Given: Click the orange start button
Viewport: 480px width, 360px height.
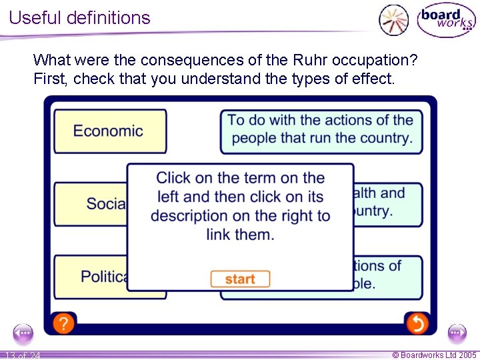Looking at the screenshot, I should click(x=240, y=279).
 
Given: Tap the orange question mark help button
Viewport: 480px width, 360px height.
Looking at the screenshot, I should click(x=63, y=324).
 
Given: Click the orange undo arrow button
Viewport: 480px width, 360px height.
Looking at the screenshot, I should click(x=417, y=324).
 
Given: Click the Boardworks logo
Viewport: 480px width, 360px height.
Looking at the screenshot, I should click(x=446, y=20).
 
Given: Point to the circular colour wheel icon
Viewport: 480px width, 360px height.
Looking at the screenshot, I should click(x=393, y=19).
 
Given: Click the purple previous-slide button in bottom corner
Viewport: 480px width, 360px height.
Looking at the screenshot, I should click(x=23, y=333).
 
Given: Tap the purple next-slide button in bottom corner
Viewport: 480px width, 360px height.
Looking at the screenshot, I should click(x=457, y=333).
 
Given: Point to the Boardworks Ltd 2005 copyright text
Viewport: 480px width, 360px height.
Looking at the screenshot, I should click(x=434, y=355).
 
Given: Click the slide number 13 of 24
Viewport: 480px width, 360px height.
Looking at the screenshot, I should click(x=22, y=355).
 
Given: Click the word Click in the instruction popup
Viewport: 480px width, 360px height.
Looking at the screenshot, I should click(x=173, y=178).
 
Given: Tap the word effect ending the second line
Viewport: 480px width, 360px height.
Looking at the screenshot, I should click(x=374, y=79).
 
